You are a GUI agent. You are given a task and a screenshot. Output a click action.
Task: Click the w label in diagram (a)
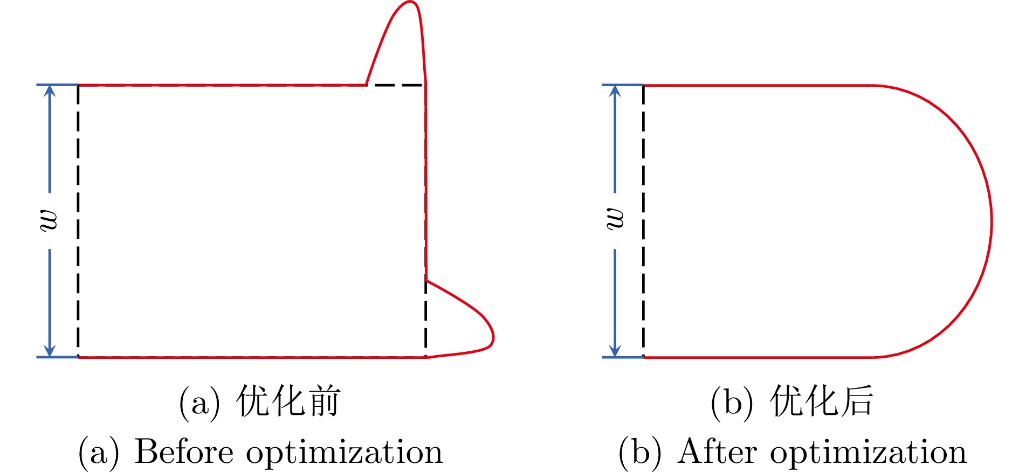coord(49,220)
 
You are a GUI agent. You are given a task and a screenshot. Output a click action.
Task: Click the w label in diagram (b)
coord(615,220)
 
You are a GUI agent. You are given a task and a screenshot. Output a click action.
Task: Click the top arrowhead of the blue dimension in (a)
coord(50,91)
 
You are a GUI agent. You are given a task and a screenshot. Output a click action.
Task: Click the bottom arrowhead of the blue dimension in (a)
coord(50,351)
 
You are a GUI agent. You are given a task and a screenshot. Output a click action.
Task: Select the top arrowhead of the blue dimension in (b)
coord(615,91)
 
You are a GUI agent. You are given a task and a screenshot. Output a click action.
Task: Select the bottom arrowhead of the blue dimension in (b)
coord(615,351)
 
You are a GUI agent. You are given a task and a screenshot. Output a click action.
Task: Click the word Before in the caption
coord(183,452)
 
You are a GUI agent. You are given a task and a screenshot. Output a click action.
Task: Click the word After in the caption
coord(717,452)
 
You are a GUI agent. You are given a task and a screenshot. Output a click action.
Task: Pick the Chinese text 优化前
coord(288,402)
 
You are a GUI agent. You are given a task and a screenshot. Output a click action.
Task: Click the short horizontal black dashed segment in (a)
coord(396,85)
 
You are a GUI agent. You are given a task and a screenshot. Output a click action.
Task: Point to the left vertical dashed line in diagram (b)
coord(644,221)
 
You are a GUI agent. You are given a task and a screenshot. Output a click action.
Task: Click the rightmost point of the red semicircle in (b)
coord(991,221)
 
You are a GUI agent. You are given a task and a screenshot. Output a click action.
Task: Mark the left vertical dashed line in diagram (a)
coord(78,221)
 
